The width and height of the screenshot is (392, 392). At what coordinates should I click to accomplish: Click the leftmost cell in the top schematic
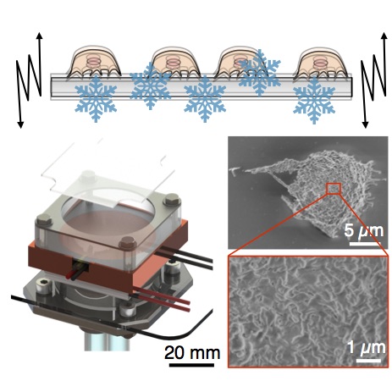94,62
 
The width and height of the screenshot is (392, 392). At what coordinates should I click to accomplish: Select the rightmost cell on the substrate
320,63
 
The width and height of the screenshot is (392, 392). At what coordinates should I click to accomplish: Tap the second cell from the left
174,62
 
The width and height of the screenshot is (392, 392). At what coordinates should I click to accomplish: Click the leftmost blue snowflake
96,98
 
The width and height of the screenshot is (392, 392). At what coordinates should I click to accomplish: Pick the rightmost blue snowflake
314,101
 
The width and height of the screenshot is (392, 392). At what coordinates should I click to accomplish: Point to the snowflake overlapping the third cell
260,73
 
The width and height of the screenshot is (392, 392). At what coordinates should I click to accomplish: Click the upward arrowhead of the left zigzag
40,36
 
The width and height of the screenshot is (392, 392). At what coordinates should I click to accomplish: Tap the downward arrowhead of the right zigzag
366,124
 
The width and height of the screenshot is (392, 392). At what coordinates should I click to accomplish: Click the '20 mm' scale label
192,352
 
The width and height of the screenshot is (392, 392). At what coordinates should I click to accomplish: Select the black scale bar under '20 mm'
191,365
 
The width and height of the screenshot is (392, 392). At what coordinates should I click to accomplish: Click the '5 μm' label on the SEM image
364,231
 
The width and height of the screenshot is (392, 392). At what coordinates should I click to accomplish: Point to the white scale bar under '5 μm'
365,243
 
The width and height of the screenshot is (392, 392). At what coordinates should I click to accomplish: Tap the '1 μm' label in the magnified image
367,347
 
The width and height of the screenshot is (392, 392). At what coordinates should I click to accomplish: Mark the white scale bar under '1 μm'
368,360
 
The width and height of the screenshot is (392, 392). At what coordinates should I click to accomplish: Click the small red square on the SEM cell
334,188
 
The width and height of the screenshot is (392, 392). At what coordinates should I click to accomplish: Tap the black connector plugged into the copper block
80,266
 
